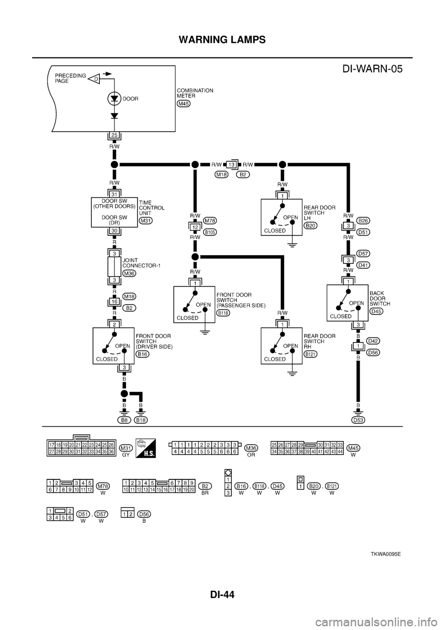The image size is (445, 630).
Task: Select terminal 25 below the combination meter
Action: pos(114,135)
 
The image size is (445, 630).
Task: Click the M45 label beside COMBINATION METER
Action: pos(184,103)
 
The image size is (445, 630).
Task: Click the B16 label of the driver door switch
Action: pos(142,354)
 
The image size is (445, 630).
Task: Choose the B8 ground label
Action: pos(123,420)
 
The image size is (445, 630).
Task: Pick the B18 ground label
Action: pos(141,420)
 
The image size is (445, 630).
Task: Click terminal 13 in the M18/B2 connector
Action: pos(230,164)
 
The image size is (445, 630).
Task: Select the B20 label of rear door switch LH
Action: pos(310,225)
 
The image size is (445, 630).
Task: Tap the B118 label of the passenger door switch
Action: pos(223,313)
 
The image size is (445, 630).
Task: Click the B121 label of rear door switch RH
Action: pos(310,354)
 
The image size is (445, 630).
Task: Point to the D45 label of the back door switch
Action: pos(376,312)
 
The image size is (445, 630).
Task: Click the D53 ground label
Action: pos(357,420)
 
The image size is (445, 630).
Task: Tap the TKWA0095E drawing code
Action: pos(385,554)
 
